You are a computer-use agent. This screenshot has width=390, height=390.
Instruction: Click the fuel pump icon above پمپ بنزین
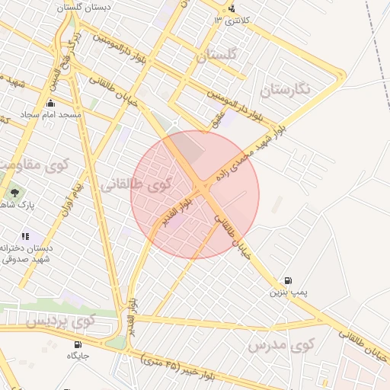point(287,281)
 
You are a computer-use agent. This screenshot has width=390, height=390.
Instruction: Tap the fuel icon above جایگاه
point(78,344)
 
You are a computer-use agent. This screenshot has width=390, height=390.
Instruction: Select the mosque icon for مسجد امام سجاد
point(51,104)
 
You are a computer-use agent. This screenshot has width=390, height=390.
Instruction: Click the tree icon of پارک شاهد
point(14,193)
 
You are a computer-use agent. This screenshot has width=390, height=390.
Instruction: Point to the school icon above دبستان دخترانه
point(25,237)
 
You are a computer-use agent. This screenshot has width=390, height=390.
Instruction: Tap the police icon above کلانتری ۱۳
point(232,9)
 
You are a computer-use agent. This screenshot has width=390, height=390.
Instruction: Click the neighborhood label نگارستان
point(286,89)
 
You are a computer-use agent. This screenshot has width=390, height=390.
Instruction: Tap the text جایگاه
point(78,356)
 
